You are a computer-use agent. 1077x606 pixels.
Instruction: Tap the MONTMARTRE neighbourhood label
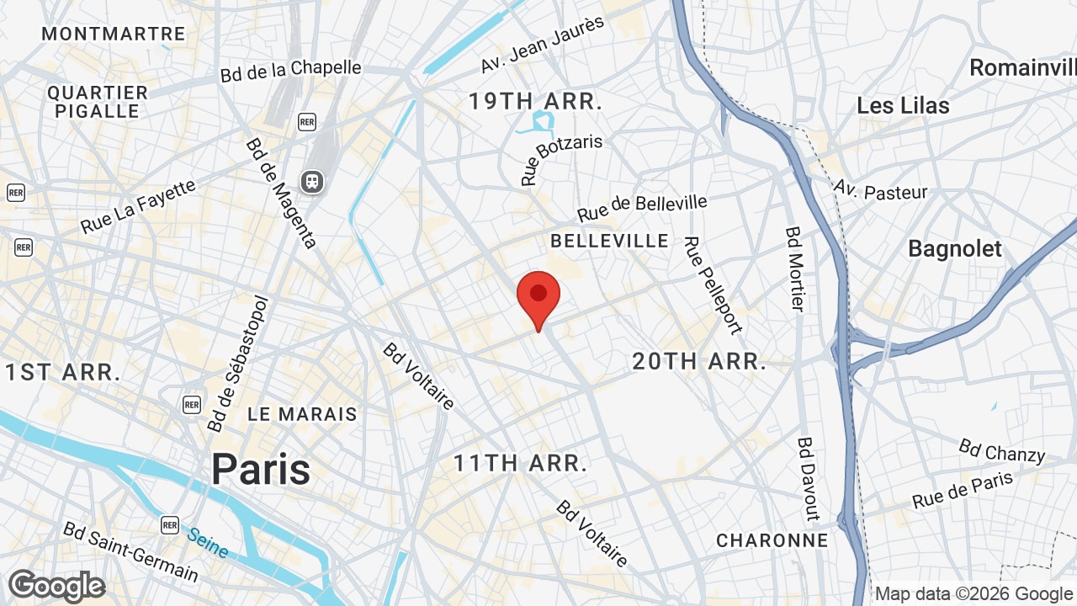tap(114, 34)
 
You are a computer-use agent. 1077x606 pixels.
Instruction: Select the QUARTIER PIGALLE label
tap(98, 101)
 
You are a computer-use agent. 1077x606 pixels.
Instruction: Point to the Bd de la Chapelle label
tap(290, 71)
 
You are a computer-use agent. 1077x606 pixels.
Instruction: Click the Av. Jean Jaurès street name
tap(543, 44)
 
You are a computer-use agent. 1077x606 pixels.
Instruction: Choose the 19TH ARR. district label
tap(535, 102)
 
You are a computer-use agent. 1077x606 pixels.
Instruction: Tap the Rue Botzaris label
tap(561, 159)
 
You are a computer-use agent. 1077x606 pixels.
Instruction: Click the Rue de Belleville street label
tap(642, 208)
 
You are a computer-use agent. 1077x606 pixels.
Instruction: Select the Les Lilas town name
tap(903, 105)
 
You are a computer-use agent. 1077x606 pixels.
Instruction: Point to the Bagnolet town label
tap(955, 248)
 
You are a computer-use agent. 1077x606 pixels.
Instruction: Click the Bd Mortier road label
tap(795, 268)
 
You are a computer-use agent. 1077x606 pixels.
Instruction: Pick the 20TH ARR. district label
tap(699, 362)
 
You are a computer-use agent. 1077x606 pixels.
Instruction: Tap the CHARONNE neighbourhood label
tap(772, 540)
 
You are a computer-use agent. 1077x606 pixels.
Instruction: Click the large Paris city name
tap(261, 469)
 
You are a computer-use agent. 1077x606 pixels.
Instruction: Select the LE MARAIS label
tap(302, 414)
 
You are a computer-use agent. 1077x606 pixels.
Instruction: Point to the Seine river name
tap(207, 543)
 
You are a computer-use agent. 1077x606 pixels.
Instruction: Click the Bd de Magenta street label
tap(281, 193)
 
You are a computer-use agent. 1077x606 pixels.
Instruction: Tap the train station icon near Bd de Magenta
tap(312, 181)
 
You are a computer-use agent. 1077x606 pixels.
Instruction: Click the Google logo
tap(56, 586)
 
